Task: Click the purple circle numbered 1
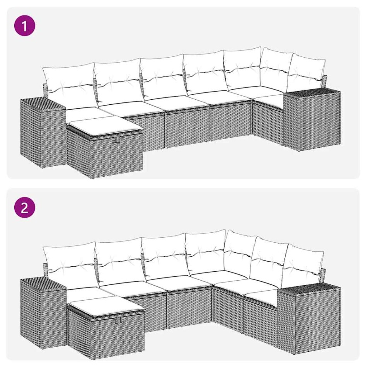[x=25, y=27]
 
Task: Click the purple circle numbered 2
[x=25, y=209]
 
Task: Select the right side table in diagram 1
[x=312, y=120]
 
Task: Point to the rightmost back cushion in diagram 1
[x=307, y=73]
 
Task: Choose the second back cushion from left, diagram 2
[x=120, y=259]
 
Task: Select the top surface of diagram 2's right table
[x=309, y=289]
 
